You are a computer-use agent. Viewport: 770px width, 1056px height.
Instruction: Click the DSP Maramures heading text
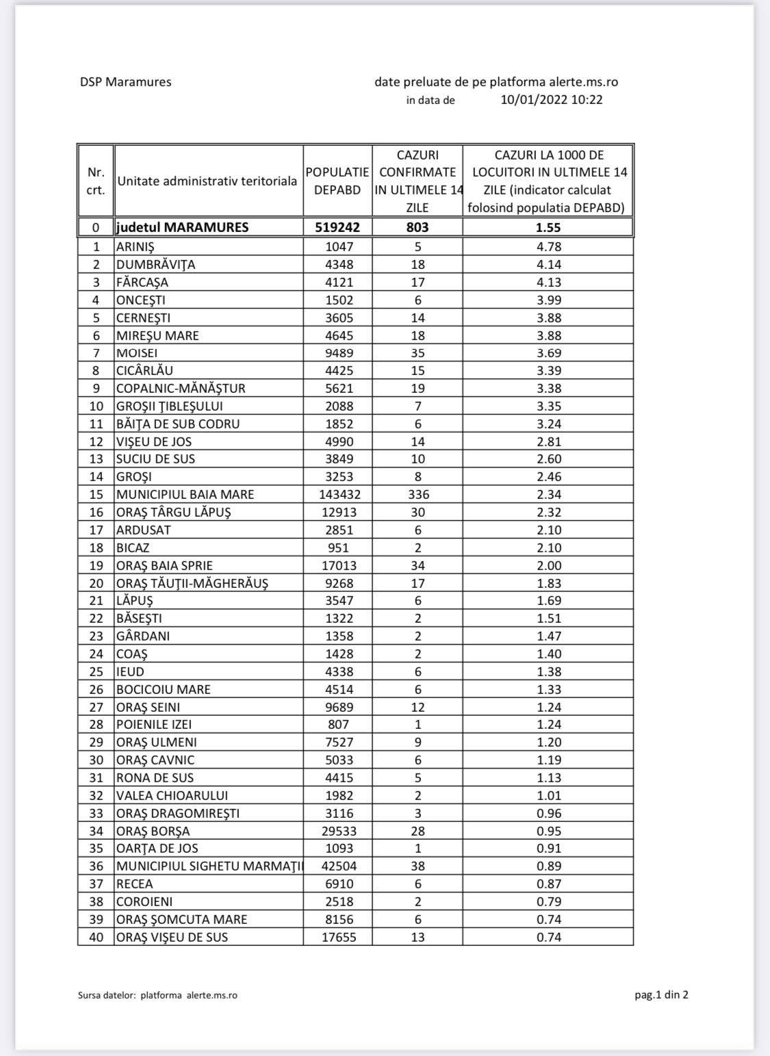(125, 82)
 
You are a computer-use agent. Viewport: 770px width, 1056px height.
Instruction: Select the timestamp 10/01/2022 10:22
(552, 100)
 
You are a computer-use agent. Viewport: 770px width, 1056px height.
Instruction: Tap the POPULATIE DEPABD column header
(337, 181)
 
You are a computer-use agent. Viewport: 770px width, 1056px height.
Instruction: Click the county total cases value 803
(418, 227)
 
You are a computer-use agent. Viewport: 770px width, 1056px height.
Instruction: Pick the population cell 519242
(337, 227)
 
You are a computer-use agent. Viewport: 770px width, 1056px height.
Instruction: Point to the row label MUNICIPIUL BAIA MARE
(185, 494)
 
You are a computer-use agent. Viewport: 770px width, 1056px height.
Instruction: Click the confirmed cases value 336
(418, 494)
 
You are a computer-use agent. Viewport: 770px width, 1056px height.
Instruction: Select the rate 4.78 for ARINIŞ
(548, 246)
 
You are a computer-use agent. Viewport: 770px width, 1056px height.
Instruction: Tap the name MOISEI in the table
(137, 353)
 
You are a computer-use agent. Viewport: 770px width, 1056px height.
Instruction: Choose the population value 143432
(337, 494)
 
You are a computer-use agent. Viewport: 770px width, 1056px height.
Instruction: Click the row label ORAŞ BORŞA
(153, 831)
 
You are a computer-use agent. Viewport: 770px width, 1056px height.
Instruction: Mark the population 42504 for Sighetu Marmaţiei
(339, 866)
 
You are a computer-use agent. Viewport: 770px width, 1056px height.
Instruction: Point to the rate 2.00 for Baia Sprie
(548, 565)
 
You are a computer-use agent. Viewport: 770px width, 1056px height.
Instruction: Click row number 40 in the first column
(97, 937)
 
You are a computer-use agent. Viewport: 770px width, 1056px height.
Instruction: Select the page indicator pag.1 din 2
(661, 995)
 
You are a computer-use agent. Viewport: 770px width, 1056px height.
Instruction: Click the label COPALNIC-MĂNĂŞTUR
(181, 388)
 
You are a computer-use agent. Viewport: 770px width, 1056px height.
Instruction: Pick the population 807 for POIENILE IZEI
(338, 725)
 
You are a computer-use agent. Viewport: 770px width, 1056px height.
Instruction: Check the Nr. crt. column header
(96, 181)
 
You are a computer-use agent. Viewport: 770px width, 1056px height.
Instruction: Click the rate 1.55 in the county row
(548, 227)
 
